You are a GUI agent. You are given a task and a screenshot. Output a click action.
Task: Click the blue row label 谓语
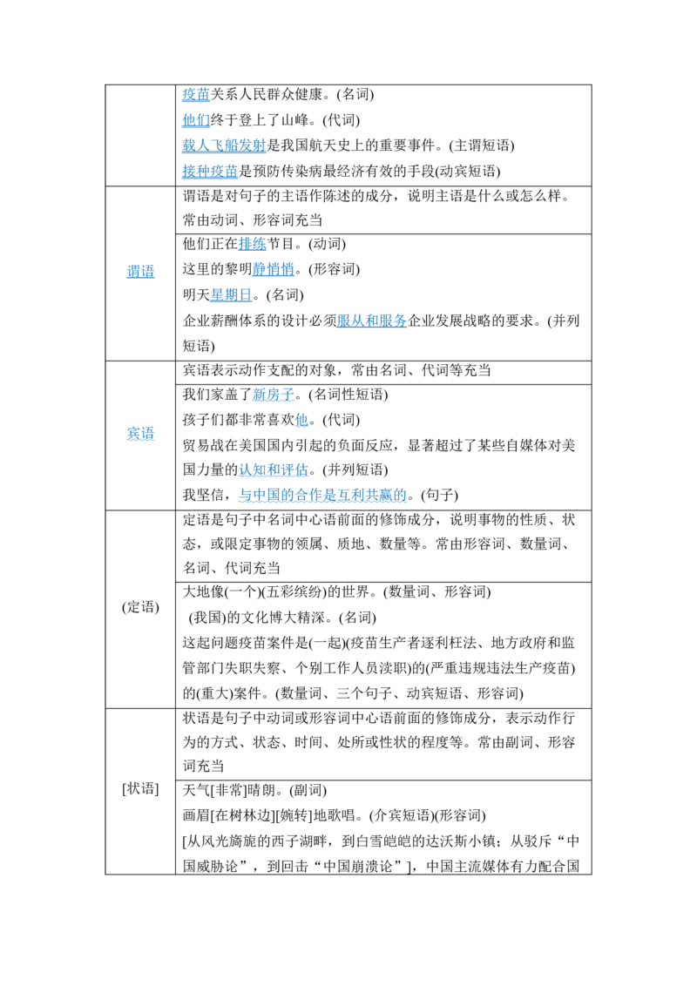(140, 272)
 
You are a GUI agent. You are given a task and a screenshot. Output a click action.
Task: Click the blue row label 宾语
(140, 433)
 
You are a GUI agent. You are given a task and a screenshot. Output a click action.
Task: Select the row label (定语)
(140, 607)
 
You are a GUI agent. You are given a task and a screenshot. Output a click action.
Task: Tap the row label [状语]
(140, 788)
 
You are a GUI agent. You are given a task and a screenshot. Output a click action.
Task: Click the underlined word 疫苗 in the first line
(196, 94)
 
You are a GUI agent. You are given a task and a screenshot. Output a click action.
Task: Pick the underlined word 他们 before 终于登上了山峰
(196, 120)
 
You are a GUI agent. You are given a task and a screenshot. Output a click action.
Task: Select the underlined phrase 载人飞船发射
(225, 145)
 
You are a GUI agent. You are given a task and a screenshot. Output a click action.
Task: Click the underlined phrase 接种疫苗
(210, 171)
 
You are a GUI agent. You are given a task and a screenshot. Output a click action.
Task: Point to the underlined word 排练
(253, 244)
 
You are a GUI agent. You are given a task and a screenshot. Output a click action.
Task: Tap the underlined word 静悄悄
(273, 270)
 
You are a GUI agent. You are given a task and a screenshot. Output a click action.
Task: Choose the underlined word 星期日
(231, 295)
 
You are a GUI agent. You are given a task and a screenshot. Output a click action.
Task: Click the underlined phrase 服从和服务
(372, 321)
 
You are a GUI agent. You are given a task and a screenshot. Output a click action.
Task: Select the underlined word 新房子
(273, 395)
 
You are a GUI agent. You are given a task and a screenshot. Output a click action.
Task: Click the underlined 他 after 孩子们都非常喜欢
(301, 420)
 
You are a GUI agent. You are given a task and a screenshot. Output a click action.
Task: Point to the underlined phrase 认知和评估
(274, 469)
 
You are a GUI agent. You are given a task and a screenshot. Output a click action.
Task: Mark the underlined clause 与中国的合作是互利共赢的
(322, 495)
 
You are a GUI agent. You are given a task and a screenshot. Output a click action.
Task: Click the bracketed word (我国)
(207, 618)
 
